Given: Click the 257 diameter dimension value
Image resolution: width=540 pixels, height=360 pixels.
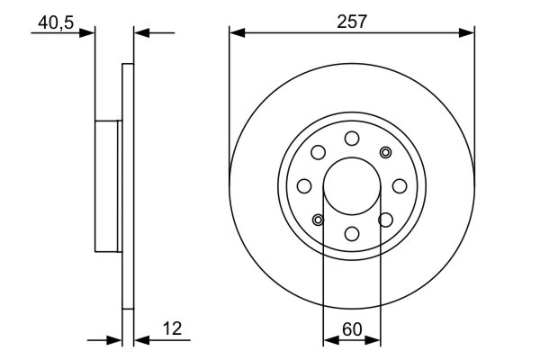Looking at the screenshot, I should tap(352, 22).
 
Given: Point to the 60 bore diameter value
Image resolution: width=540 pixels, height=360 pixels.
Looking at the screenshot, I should tap(352, 329).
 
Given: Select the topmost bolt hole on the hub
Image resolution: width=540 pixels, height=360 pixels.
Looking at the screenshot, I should tap(352, 137).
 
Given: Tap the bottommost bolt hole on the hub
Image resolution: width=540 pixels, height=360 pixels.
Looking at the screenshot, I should tap(352, 233).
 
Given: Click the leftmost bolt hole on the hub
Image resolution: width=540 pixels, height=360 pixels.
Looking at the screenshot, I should tap(304, 185).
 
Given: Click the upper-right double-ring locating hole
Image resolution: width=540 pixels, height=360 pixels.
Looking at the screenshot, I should tap(386, 151).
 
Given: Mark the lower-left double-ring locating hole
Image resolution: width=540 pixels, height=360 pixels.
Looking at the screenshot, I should tap(318, 219).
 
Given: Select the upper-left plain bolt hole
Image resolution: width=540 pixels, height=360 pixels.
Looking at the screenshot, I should tap(318, 151).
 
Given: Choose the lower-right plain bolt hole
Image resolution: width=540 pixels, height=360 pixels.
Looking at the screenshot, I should tap(386, 219).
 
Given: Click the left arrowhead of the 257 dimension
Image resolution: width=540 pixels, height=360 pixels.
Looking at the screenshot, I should tap(237, 33).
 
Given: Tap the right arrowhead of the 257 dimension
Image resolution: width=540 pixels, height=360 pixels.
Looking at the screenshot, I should tap(467, 33).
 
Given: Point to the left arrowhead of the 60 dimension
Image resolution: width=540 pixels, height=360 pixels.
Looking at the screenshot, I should tap(328, 341).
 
